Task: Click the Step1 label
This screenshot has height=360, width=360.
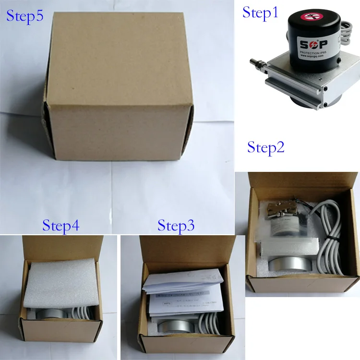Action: coord(260,12)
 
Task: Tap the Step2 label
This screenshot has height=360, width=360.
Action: coord(266,147)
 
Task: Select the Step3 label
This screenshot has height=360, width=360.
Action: coord(176,226)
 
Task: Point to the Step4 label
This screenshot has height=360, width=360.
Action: coord(60,226)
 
